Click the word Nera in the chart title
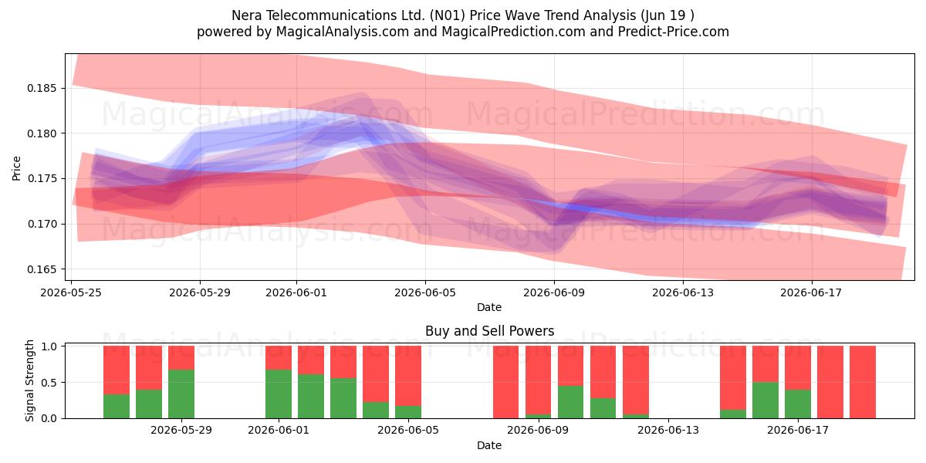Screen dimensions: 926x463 [247, 15]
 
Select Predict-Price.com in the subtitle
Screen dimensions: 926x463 [674, 32]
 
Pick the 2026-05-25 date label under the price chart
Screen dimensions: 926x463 [71, 292]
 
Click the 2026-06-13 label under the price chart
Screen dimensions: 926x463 [683, 292]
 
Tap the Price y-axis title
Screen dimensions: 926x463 [16, 168]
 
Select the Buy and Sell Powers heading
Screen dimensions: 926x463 [489, 331]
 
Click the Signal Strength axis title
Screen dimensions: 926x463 [29, 380]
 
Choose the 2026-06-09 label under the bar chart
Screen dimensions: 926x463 [539, 431]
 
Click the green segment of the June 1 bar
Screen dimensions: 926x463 [279, 394]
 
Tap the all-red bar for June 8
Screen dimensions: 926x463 [505, 382]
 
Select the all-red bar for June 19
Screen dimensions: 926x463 [863, 382]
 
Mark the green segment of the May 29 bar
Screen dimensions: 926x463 [181, 394]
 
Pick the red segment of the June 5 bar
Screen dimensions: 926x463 [408, 376]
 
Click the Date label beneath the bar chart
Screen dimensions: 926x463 [489, 446]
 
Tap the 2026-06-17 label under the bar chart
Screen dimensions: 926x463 [798, 431]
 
